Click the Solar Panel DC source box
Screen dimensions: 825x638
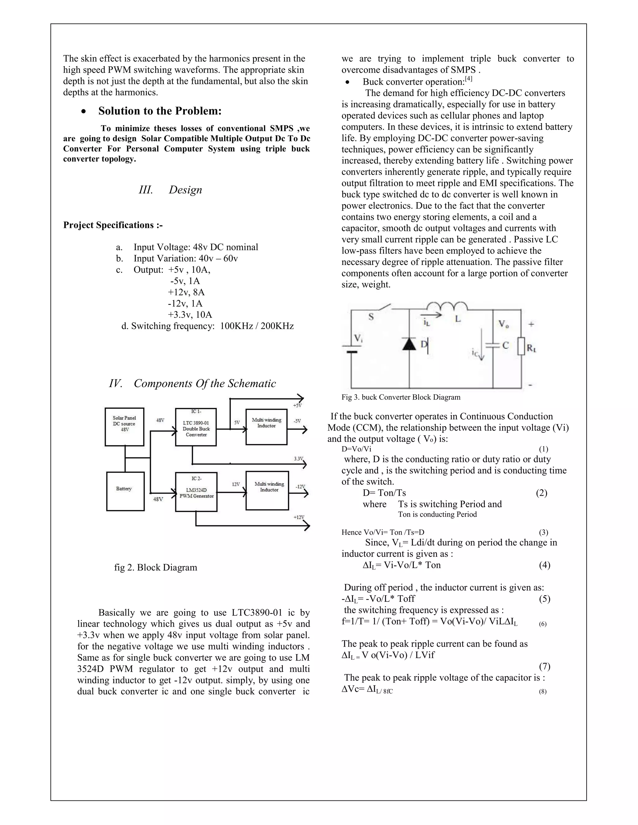click(x=124, y=427)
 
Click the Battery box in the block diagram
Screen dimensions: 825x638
click(x=125, y=491)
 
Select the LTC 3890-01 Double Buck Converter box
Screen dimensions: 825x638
click(x=196, y=427)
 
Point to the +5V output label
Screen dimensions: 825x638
click(x=298, y=405)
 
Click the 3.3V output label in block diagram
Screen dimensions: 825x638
click(x=298, y=459)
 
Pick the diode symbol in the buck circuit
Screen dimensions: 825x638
click(x=409, y=344)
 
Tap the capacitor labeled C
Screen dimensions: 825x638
click(x=493, y=345)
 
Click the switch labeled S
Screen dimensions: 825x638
click(x=382, y=308)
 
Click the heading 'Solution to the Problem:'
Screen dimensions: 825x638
click(x=160, y=111)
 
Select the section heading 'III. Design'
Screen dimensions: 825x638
click(x=170, y=190)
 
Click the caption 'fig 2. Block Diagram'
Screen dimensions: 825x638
click(x=156, y=567)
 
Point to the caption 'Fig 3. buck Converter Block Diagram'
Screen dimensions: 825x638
click(x=401, y=397)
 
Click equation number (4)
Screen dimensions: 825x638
click(x=544, y=565)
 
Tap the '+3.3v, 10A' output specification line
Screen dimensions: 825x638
click(x=190, y=315)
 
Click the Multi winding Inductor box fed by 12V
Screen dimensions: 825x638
click(x=267, y=490)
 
